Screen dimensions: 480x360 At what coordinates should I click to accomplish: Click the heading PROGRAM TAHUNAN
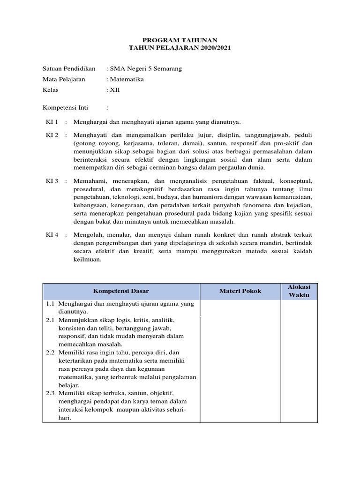[180, 41]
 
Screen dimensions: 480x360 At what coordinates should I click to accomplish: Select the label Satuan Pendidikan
[69, 68]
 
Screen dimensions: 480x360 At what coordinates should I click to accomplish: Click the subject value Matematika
[127, 79]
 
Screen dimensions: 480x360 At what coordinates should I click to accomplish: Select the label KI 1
[52, 122]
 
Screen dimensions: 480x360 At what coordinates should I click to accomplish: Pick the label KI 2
[52, 135]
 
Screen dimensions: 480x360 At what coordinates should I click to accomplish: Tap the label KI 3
[52, 180]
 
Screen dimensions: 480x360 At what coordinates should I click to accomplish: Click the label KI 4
[52, 235]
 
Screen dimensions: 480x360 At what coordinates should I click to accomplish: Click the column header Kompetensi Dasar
[121, 291]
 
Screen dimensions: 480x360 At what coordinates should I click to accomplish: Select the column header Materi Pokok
[240, 291]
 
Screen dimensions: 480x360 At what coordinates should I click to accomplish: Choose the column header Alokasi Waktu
[299, 291]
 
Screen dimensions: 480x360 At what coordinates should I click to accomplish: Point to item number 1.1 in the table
[51, 304]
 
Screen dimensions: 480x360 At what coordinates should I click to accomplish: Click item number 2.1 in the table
[51, 320]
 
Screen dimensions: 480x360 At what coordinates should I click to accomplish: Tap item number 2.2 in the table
[51, 352]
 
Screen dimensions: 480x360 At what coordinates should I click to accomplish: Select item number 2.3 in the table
[51, 393]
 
